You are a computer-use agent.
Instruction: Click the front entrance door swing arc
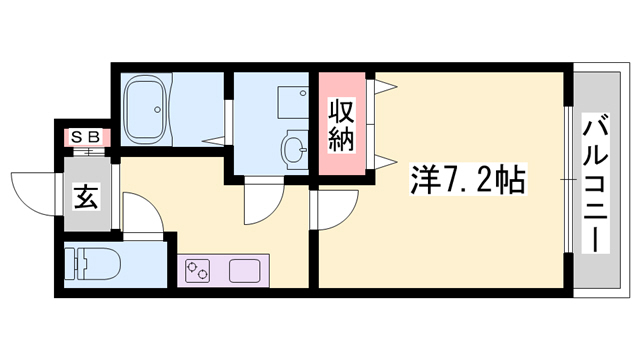30,191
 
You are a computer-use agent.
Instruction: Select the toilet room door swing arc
140,212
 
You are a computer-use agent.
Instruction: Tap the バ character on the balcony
597,129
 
